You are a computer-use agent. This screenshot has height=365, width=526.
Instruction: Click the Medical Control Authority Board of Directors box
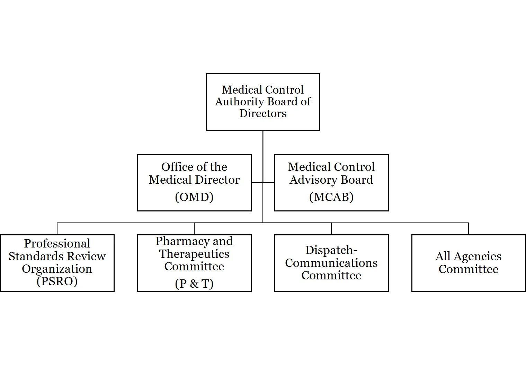pos(262,102)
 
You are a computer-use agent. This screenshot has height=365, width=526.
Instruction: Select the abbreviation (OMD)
pos(194,197)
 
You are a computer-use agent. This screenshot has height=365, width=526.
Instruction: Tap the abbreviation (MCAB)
pos(331,197)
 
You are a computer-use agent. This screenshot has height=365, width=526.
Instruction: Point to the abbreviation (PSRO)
pos(57,281)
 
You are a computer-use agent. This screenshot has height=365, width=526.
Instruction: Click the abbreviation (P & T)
pos(194,284)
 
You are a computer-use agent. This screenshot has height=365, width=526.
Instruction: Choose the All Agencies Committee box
pos(468,263)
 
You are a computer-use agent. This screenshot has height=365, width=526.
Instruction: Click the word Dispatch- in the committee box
pos(331,250)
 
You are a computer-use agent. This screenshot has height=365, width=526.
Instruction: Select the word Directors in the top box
pos(262,113)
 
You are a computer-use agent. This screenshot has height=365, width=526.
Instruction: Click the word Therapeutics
pos(194,254)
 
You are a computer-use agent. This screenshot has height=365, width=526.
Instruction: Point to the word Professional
pos(57,243)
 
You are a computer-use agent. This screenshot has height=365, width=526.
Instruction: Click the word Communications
pos(331,263)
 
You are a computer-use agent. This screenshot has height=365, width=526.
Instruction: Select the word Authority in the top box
pos(239,102)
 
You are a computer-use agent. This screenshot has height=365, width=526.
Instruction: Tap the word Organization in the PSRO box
pos(57,269)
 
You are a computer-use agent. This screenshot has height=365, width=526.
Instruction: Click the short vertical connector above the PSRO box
pos(57,229)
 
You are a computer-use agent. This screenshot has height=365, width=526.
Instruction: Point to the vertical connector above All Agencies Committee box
pos(469,229)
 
